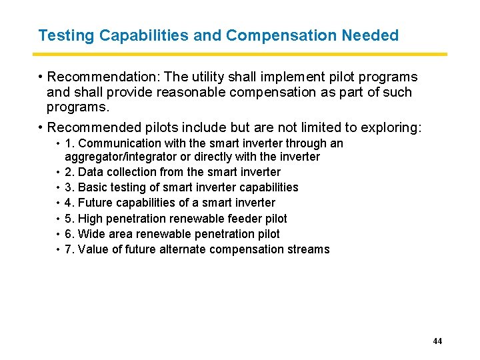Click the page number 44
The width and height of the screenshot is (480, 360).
click(437, 341)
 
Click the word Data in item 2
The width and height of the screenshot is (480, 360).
click(91, 172)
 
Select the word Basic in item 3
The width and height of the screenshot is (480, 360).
click(93, 187)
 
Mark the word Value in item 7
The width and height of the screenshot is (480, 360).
click(93, 249)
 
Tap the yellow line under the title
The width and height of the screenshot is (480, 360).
click(240, 54)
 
